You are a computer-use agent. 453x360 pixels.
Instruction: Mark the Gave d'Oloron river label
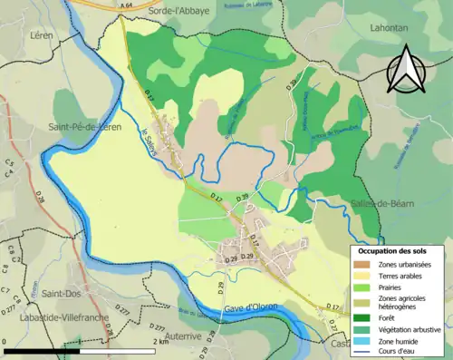click(x=255, y=308)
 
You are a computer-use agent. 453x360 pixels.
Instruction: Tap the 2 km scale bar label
click(x=161, y=342)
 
